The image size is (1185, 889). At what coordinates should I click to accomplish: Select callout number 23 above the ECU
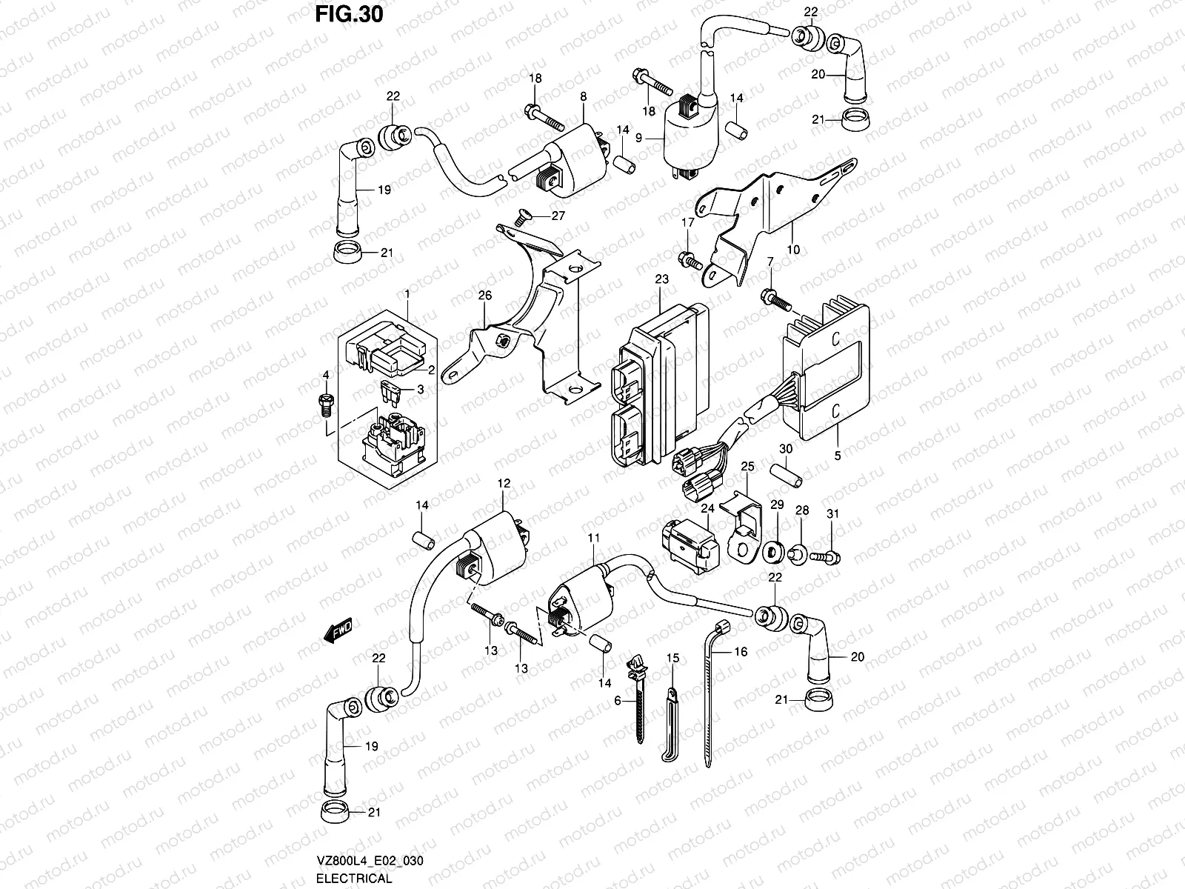point(661,279)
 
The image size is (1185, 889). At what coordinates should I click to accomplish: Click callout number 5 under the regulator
point(838,456)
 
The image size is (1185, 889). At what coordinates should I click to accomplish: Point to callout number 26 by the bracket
point(485,295)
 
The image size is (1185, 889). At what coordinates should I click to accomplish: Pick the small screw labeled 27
point(524,217)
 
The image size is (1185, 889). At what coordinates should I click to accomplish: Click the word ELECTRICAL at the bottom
point(353,879)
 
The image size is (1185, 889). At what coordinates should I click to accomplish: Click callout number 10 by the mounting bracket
point(792,250)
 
